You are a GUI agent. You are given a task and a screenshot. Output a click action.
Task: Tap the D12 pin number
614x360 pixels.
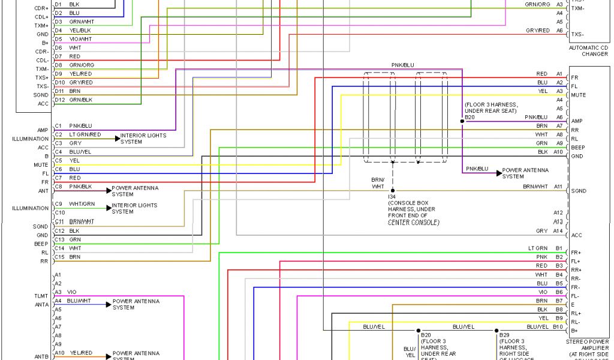(59, 99)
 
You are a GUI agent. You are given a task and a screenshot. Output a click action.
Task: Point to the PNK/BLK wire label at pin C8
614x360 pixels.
(81, 187)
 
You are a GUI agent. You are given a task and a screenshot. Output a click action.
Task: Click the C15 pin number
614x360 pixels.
(59, 257)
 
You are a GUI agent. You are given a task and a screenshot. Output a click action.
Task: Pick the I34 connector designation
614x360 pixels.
(392, 196)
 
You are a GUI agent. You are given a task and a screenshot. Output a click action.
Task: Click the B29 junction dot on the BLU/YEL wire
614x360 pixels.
(496, 330)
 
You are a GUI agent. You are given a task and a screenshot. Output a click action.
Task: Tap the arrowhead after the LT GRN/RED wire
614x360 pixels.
(118, 138)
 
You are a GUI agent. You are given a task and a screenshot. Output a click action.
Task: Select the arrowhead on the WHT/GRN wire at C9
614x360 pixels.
(109, 208)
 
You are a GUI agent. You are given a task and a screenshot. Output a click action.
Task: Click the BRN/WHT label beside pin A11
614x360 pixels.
(535, 187)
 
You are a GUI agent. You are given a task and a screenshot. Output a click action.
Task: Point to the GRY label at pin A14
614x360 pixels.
(542, 231)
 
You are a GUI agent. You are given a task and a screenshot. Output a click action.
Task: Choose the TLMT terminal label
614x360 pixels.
(41, 296)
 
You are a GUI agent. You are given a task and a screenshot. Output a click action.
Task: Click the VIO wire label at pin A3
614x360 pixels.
(71, 292)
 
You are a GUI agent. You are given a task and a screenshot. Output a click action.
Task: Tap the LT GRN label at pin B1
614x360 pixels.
(538, 248)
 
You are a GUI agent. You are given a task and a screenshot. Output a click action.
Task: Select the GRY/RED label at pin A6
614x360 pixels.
(537, 30)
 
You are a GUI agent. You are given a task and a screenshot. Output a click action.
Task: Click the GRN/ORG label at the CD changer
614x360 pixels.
(537, 4)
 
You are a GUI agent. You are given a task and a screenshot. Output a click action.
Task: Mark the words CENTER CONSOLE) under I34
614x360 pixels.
(414, 222)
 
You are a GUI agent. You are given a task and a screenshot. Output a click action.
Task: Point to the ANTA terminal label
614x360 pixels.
(41, 304)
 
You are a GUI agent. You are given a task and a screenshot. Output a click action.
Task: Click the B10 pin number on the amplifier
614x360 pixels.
(558, 326)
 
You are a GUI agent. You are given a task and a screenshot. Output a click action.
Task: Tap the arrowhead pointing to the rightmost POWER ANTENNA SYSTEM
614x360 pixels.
(498, 173)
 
